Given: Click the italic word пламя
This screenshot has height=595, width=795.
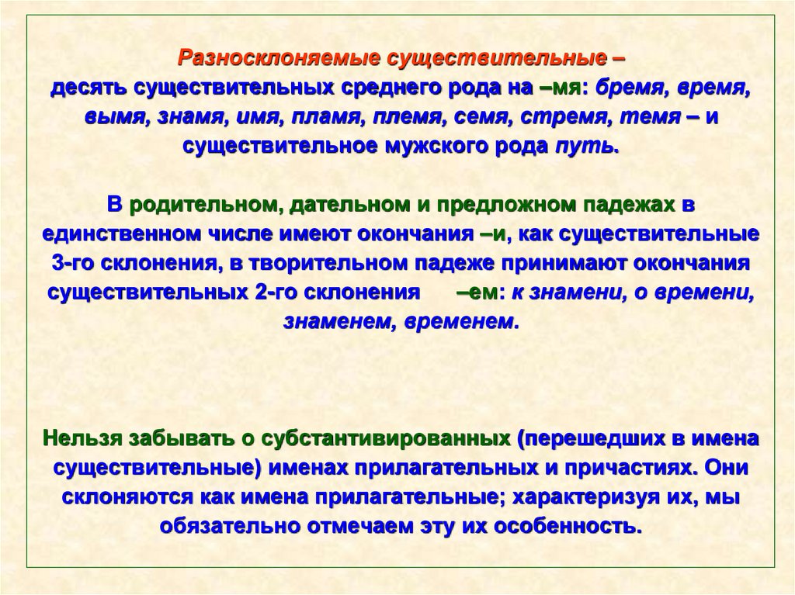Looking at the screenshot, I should point(329,116).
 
